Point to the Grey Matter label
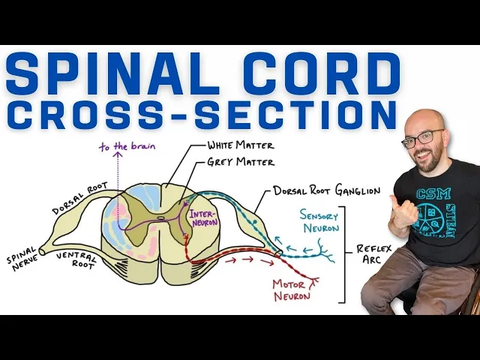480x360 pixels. click(x=241, y=161)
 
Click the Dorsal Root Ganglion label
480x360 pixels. click(x=325, y=190)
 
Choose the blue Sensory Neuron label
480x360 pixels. click(x=319, y=221)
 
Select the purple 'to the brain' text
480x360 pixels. click(x=127, y=146)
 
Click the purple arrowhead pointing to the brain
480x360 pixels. click(x=118, y=156)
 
